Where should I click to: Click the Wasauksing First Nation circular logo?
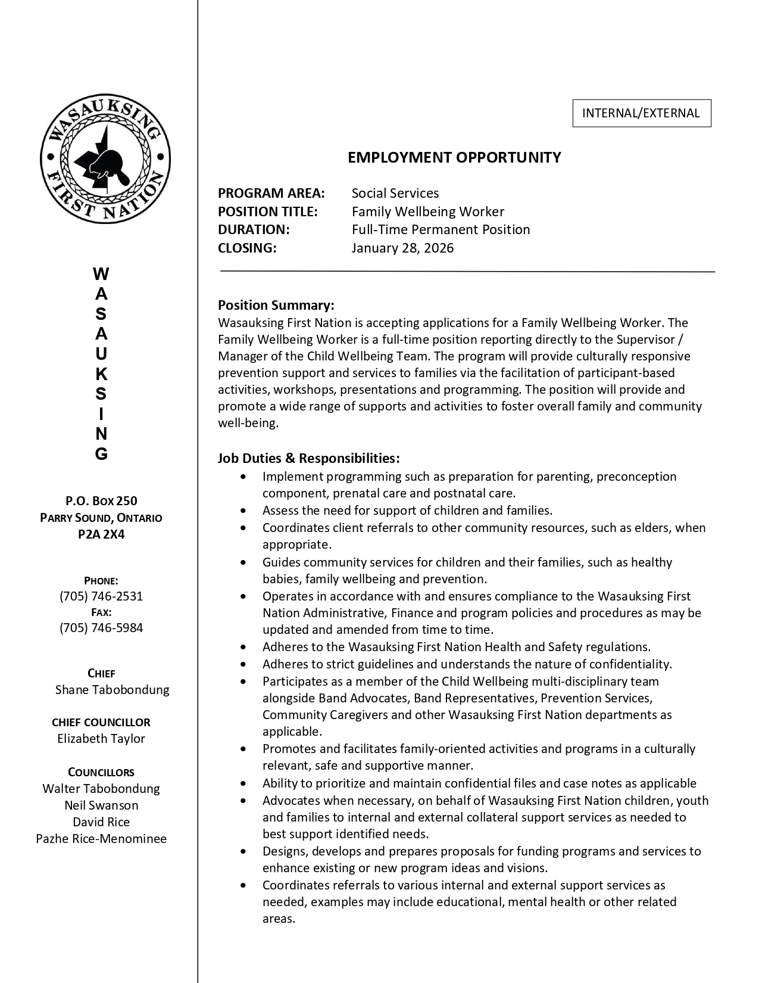(105, 160)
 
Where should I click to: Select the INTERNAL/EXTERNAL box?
(642, 113)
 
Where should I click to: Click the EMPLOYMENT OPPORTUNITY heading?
(454, 157)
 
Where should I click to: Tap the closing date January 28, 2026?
(402, 248)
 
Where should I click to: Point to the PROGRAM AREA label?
(271, 193)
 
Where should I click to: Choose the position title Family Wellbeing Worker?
(427, 211)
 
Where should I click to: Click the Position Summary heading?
(276, 305)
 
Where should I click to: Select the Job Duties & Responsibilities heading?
(308, 458)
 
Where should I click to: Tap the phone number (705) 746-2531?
(101, 596)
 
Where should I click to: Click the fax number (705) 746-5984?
(101, 627)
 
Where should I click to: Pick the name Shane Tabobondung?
(112, 689)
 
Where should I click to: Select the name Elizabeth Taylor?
(101, 739)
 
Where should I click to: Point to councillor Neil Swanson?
(101, 805)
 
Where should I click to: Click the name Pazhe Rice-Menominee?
(101, 839)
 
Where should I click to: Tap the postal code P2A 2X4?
(101, 534)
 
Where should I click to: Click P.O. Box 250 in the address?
(101, 501)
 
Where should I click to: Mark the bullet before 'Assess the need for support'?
(243, 511)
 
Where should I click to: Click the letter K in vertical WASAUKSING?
(101, 374)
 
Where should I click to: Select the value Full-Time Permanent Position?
(441, 229)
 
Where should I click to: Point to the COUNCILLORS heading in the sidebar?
(101, 772)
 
